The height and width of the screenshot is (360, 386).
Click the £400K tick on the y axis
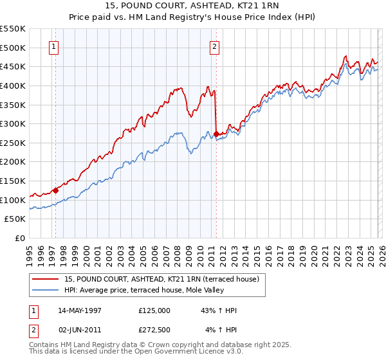coord(13,85)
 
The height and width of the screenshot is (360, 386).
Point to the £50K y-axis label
coord(15,219)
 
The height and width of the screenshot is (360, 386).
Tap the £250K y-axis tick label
coord(13,143)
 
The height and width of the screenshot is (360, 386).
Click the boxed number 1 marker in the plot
coord(53,46)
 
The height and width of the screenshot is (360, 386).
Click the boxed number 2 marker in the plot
coord(214,46)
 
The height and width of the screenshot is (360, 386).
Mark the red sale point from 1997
coord(56,190)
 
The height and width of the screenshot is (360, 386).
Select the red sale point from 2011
coord(216,134)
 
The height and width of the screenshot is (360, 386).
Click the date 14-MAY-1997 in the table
coord(80,310)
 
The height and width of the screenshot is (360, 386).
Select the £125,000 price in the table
coord(154,310)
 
